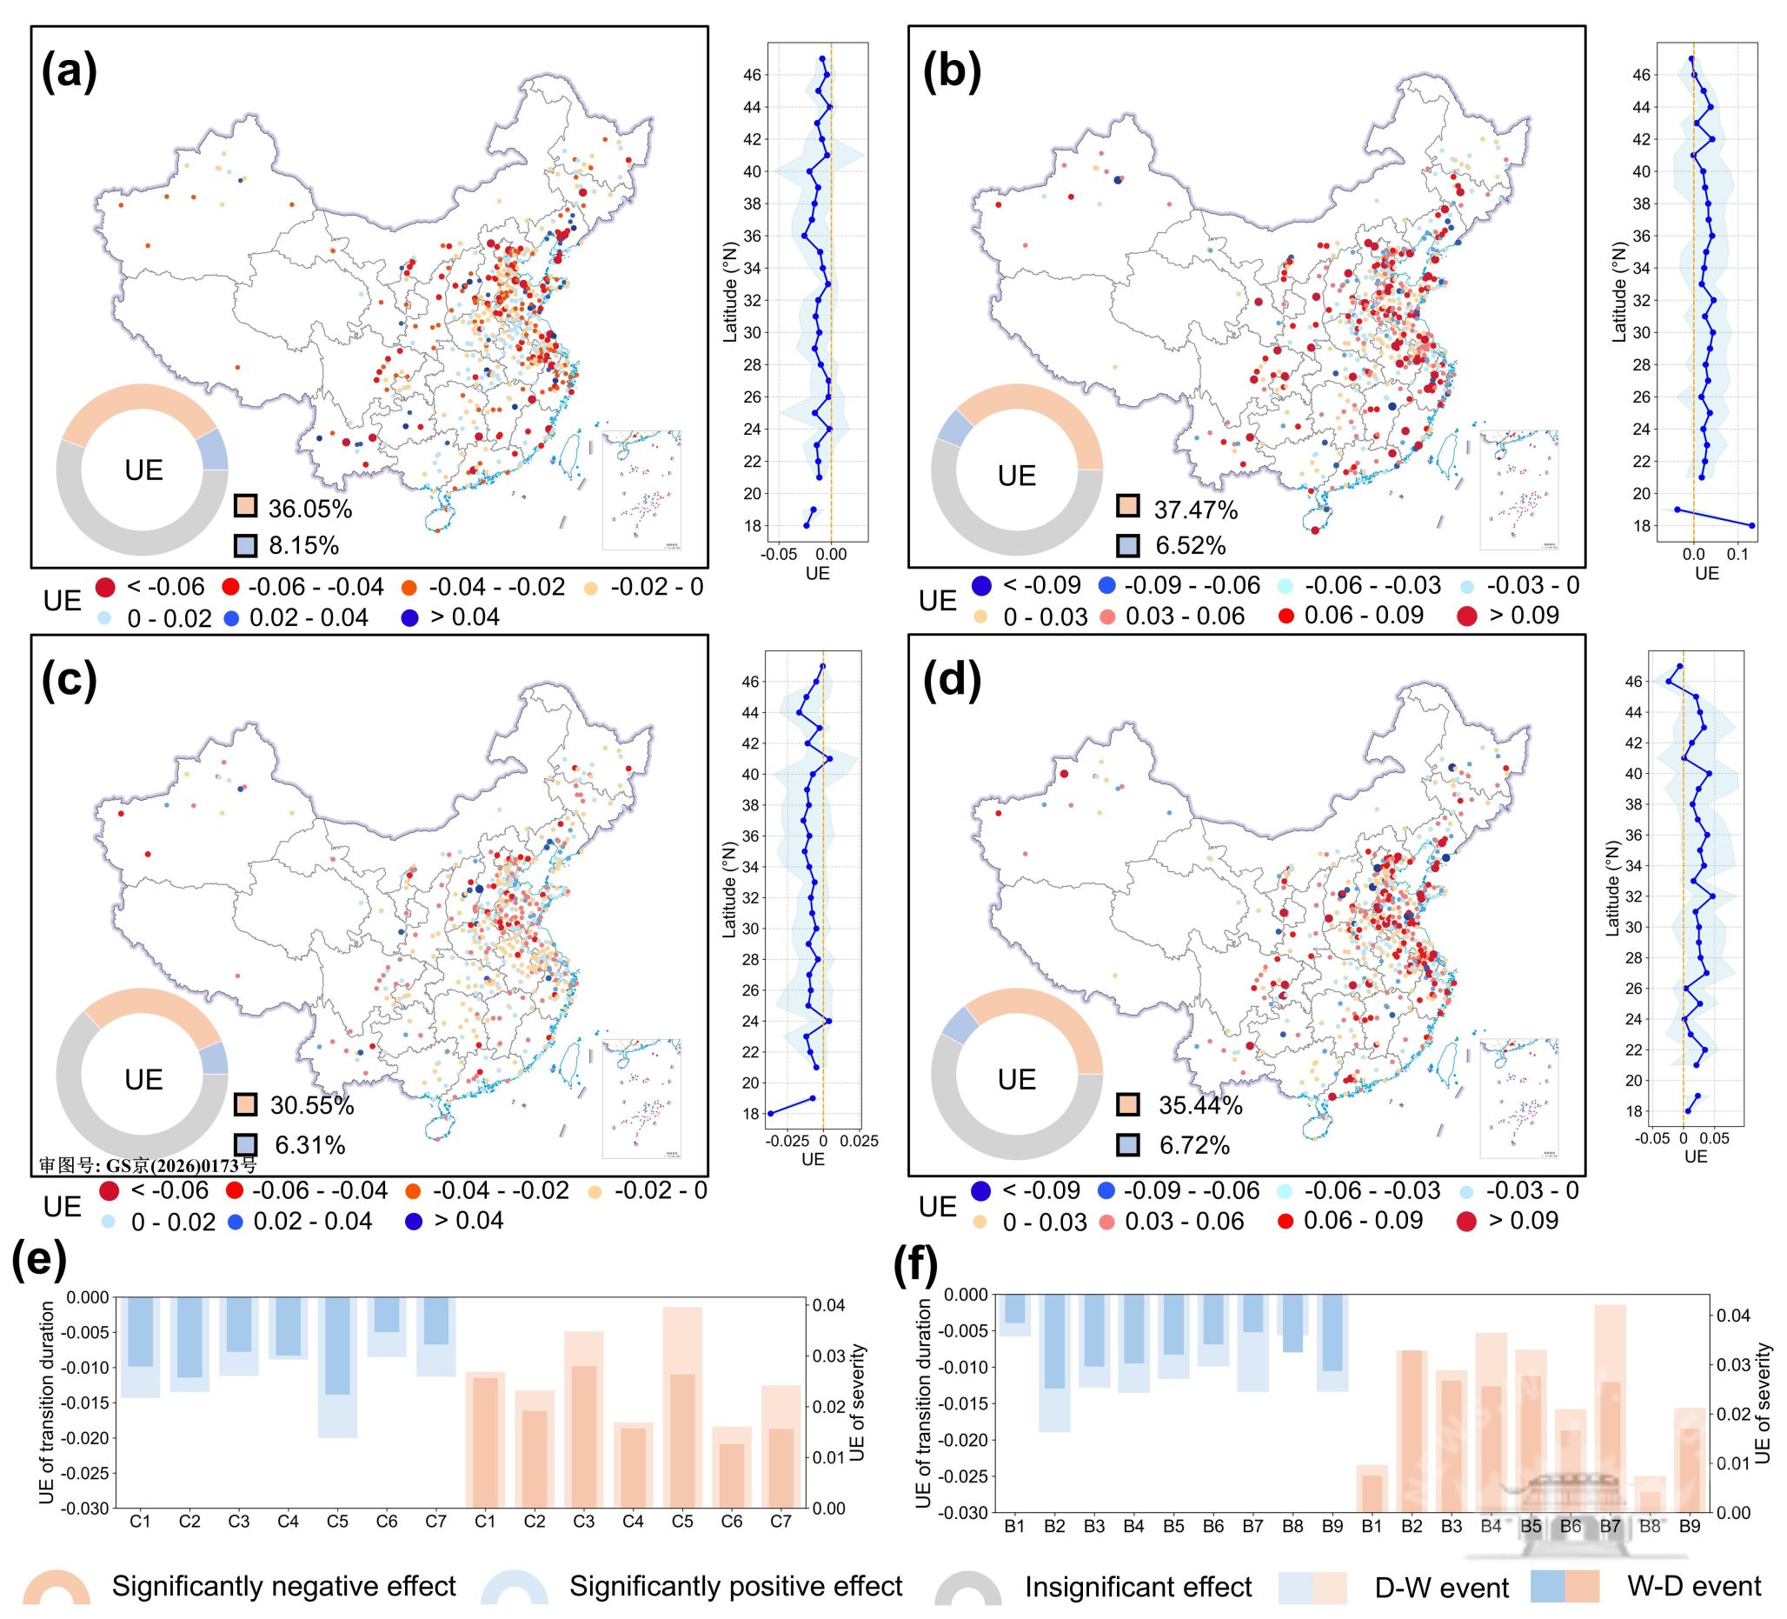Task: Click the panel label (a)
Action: pyautogui.click(x=69, y=71)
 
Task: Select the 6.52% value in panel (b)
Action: pyautogui.click(x=1190, y=545)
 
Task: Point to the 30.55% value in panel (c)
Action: pyautogui.click(x=311, y=1106)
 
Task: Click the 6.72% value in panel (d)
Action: pyautogui.click(x=1194, y=1145)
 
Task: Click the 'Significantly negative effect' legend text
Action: pyautogui.click(x=282, y=1586)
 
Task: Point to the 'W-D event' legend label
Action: pyautogui.click(x=1693, y=1585)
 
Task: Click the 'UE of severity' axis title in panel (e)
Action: pyautogui.click(x=856, y=1402)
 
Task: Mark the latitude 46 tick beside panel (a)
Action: pyautogui.click(x=752, y=76)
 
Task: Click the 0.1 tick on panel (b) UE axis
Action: pyautogui.click(x=1739, y=555)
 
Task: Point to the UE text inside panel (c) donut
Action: pyautogui.click(x=143, y=1079)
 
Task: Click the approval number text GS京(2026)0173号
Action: pyautogui.click(x=147, y=1165)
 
